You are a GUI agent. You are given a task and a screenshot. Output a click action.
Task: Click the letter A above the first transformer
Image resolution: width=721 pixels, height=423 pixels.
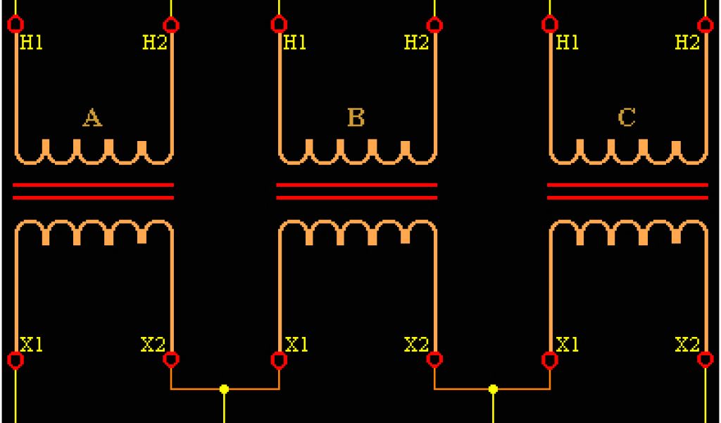pos(92,118)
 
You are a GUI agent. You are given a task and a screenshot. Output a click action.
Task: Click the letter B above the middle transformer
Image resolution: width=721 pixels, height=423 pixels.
pos(356,117)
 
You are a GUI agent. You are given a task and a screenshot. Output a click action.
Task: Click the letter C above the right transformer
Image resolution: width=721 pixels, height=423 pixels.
pos(627,117)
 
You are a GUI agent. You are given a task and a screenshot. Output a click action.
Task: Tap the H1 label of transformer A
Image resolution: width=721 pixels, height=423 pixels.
pos(32,43)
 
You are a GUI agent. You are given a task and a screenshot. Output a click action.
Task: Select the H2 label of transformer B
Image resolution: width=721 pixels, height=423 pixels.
pos(416,42)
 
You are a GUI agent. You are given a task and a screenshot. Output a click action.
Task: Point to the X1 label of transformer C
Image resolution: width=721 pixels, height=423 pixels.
pos(568,345)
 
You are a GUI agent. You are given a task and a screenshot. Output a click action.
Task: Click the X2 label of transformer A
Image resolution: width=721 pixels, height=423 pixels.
pos(153,345)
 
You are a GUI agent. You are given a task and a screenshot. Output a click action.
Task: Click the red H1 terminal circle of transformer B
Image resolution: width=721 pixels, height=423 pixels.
pos(279,25)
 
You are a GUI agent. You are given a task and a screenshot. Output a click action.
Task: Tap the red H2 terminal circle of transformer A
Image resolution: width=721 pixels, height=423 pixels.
pos(171,25)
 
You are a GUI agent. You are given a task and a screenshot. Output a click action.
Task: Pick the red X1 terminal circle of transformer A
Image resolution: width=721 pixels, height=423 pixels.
pos(15,360)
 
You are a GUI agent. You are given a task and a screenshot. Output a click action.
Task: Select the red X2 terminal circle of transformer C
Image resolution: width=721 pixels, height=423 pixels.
pos(706,360)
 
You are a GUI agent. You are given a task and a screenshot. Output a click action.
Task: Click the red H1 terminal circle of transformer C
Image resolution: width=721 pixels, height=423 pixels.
pos(550,25)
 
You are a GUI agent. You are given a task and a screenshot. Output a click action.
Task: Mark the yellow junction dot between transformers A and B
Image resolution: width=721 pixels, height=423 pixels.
pos(224,389)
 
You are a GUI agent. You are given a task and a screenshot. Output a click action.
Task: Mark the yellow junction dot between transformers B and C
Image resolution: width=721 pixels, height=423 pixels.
pos(493,389)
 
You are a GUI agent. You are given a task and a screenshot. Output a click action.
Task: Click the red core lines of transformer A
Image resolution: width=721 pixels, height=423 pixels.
pos(93,191)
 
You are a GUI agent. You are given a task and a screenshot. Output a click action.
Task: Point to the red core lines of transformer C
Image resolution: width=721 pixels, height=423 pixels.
pos(627,191)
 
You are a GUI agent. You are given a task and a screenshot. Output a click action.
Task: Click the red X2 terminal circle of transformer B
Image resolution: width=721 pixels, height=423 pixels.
pos(435,360)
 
